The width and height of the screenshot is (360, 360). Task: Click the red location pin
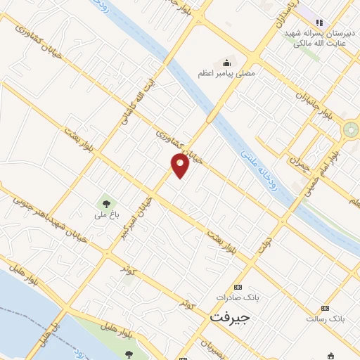(181, 165)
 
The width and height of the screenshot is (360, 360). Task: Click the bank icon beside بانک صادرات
(238, 287)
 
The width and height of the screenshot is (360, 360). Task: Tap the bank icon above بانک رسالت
(324, 308)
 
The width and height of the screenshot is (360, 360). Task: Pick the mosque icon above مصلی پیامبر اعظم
(226, 62)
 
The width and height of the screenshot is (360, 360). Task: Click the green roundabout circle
(349, 129)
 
